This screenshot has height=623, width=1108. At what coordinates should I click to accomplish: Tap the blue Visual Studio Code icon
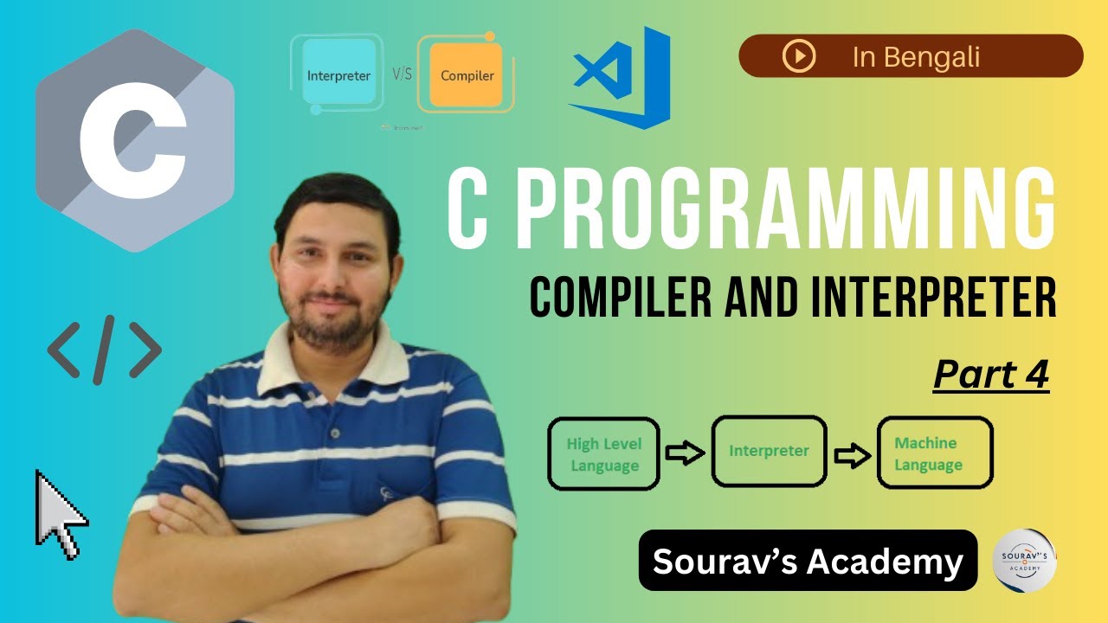(x=622, y=78)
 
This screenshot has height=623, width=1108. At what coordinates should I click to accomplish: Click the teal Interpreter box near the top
(x=338, y=75)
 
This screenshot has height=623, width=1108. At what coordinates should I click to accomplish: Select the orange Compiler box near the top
(x=467, y=75)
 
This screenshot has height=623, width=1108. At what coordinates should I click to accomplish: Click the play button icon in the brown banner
(x=798, y=56)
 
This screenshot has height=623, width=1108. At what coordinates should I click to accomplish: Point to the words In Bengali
(x=916, y=57)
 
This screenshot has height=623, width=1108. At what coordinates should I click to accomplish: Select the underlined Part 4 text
(x=991, y=375)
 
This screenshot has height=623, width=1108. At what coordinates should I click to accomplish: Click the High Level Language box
(x=604, y=454)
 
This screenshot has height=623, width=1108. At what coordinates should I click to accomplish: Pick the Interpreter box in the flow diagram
(x=769, y=451)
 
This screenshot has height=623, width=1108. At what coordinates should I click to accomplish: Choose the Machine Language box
(x=934, y=454)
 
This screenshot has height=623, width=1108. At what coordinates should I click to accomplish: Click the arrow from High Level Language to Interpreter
(x=685, y=453)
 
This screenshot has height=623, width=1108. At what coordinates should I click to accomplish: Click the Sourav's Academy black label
(x=808, y=562)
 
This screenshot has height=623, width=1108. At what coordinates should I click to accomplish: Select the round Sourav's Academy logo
(x=1024, y=560)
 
